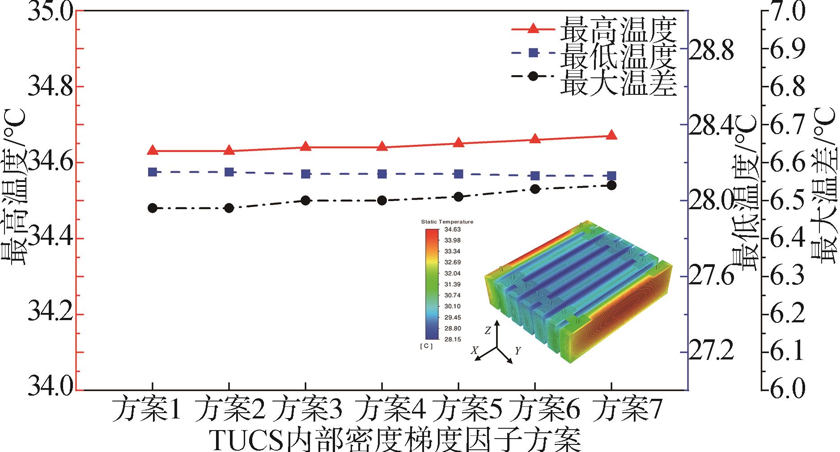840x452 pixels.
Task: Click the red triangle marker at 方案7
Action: tap(611, 135)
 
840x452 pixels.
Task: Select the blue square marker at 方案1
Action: tap(153, 172)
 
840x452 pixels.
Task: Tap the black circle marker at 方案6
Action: tap(535, 189)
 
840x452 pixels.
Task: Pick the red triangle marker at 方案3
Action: tap(305, 147)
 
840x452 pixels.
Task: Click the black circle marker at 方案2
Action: tap(229, 208)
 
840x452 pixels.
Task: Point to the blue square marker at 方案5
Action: tap(458, 174)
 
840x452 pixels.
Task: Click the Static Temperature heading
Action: tap(447, 222)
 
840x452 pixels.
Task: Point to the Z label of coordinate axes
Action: tap(488, 331)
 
